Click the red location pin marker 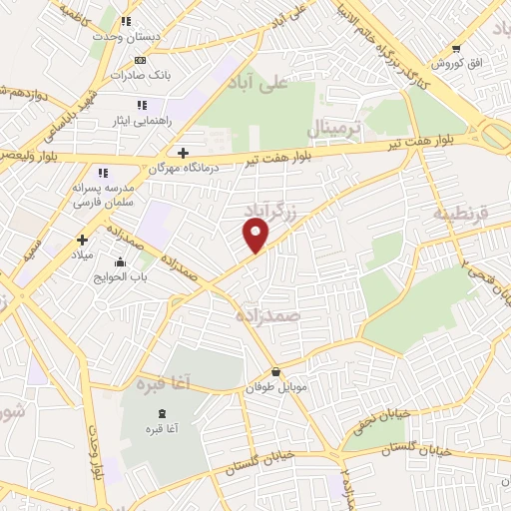[x=256, y=236]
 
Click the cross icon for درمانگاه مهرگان [x=182, y=153]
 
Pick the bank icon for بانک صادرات [x=140, y=61]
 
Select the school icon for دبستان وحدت [x=125, y=21]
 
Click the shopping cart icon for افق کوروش [x=455, y=48]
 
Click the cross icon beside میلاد [x=83, y=240]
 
